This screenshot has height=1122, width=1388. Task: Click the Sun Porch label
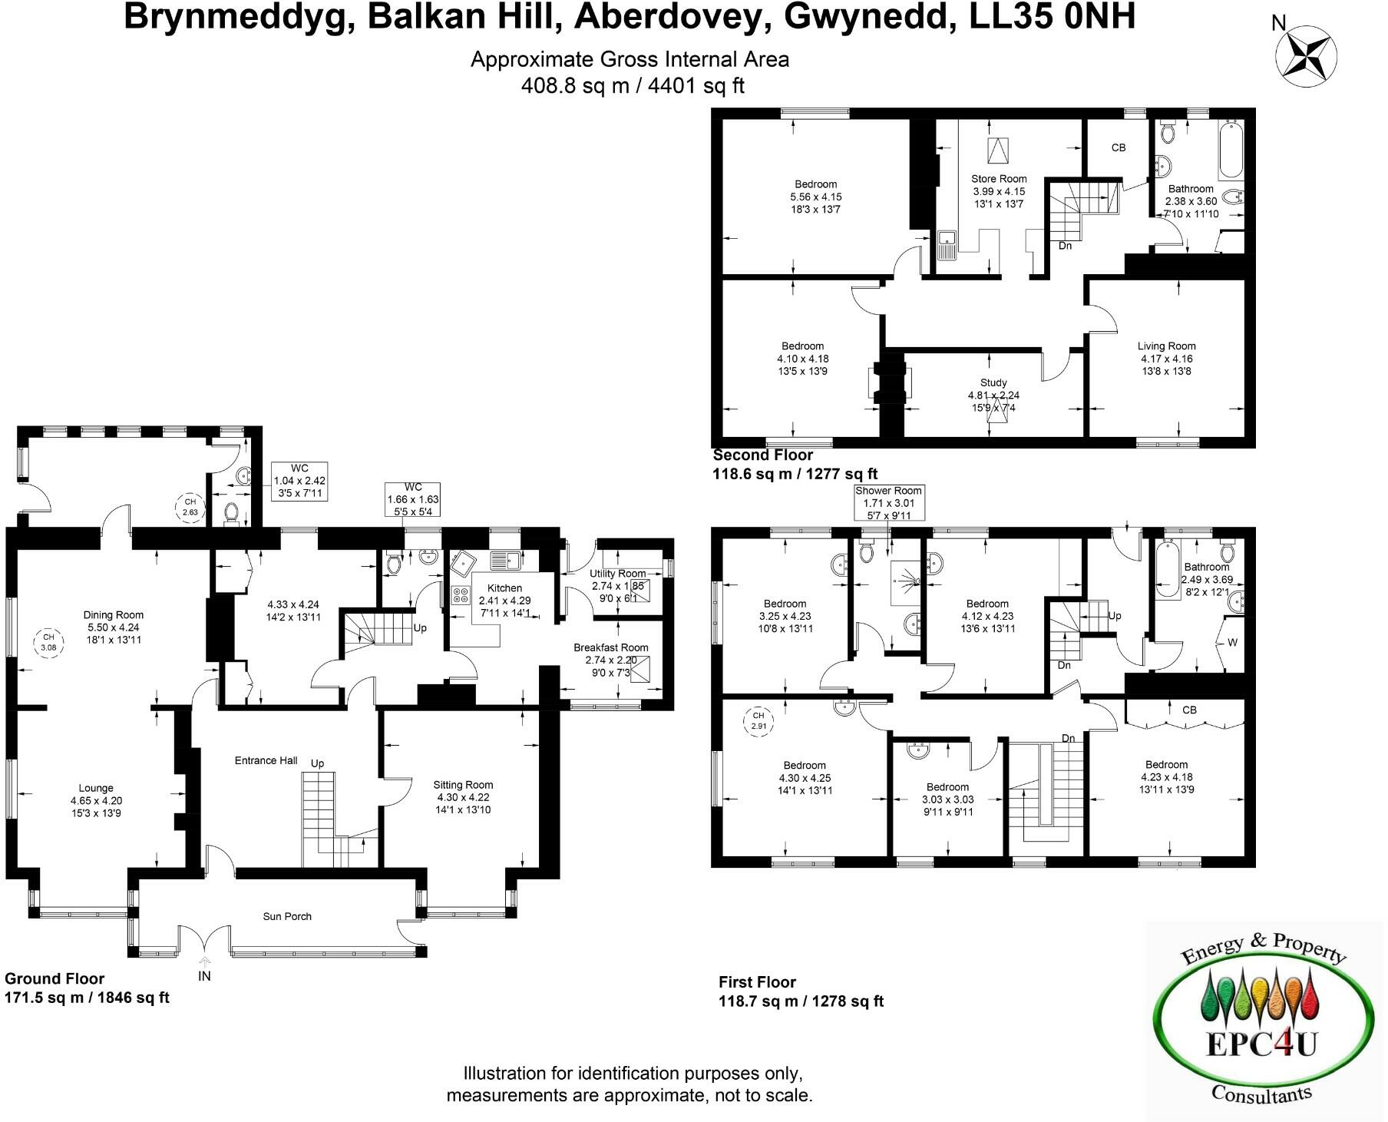[287, 916]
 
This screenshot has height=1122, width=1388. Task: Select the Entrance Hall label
[266, 760]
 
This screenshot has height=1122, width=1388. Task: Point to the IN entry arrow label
[204, 976]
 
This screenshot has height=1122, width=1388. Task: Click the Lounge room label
[96, 788]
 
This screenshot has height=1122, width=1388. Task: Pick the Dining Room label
[114, 614]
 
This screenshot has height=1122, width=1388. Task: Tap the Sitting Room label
[463, 785]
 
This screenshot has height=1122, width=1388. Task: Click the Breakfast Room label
[610, 647]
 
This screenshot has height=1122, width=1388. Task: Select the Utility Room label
[617, 574]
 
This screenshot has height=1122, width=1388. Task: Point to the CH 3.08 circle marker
[48, 642]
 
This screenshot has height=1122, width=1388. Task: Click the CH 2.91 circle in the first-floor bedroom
[758, 721]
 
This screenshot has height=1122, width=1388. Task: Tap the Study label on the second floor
[993, 382]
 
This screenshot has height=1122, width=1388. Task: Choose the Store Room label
[999, 179]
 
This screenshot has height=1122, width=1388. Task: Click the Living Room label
[1166, 346]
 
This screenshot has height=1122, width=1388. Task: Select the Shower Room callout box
[889, 503]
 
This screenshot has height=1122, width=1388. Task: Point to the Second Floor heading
[762, 455]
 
